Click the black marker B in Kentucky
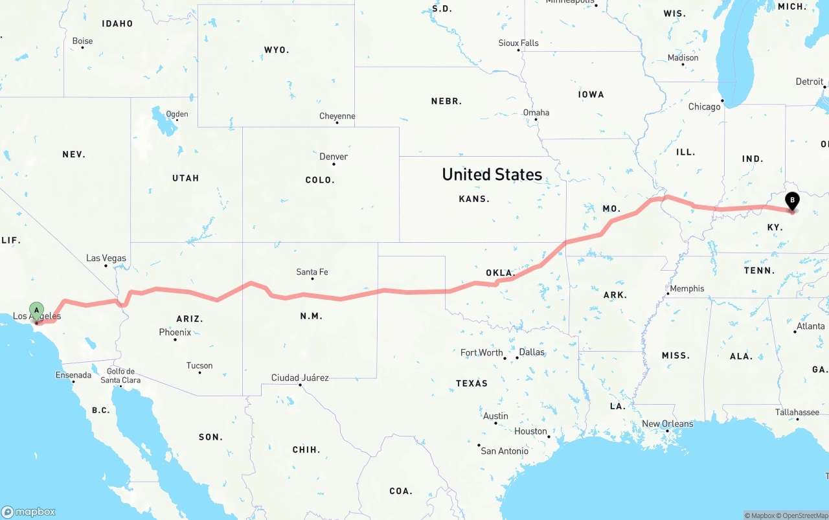(x=791, y=201)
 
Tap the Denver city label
(x=334, y=157)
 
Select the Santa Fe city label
(x=312, y=272)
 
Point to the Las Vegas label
(x=106, y=258)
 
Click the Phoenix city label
(x=175, y=332)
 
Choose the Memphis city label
(x=687, y=289)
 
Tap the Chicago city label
(x=704, y=106)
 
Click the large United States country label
(x=492, y=174)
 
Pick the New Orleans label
(x=667, y=424)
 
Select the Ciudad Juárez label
(x=300, y=378)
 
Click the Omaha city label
(x=536, y=113)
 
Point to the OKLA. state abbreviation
(x=500, y=273)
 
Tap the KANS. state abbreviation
(x=474, y=199)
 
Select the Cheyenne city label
(x=337, y=117)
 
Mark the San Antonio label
(x=504, y=451)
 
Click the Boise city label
(x=82, y=41)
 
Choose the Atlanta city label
(x=810, y=326)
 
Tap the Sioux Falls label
(x=518, y=43)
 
